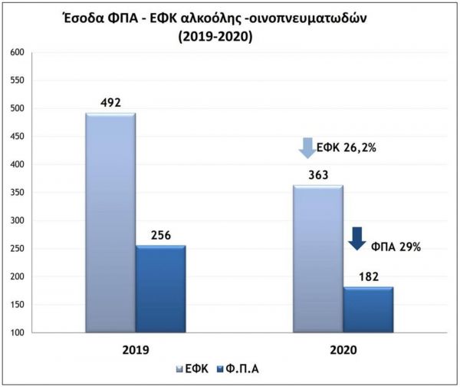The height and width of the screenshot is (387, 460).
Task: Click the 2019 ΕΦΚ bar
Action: pyautogui.click(x=110, y=223)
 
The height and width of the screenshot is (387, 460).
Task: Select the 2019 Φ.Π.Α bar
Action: pyautogui.click(x=160, y=289)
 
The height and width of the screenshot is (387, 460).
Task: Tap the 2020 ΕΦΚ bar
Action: pyautogui.click(x=317, y=259)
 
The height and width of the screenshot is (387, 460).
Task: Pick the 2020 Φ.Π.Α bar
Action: pyautogui.click(x=368, y=309)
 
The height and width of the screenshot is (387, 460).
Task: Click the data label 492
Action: pyautogui.click(x=110, y=102)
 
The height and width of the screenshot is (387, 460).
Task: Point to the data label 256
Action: pyautogui.click(x=160, y=234)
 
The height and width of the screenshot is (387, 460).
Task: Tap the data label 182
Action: pyautogui.click(x=368, y=276)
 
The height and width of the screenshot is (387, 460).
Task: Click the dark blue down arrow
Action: pyautogui.click(x=356, y=238)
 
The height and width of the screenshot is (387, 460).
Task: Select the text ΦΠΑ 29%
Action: pyautogui.click(x=396, y=246)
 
